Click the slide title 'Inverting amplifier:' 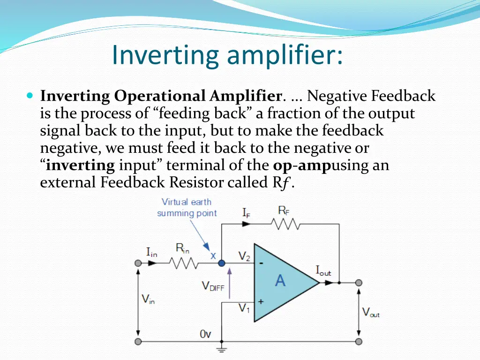(227, 55)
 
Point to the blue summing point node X (221, 263)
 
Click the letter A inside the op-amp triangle (280, 281)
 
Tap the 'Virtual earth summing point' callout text (187, 208)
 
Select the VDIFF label (213, 286)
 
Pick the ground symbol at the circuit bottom (221, 349)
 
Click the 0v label (205, 334)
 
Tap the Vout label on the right (371, 313)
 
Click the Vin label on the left (148, 299)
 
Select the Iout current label (323, 271)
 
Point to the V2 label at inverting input (244, 256)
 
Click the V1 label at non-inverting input (244, 308)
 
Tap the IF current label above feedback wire (247, 212)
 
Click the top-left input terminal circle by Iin (138, 263)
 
